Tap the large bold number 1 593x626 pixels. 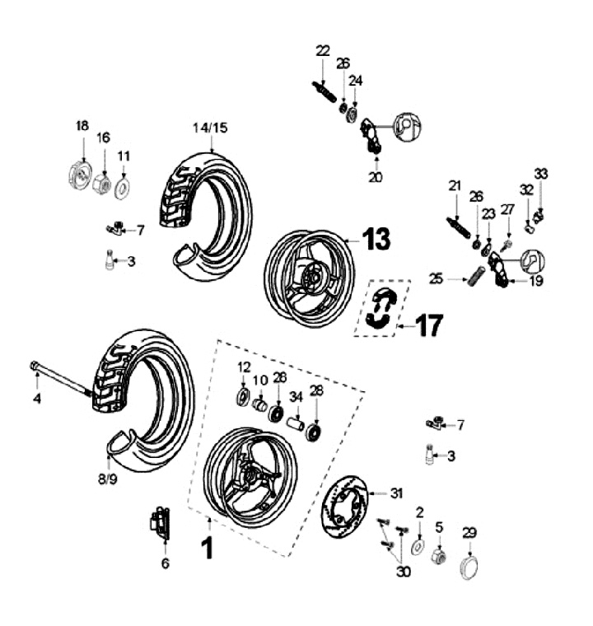pos(208,547)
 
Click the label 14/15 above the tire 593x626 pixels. pos(212,128)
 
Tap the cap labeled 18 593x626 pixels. pos(80,177)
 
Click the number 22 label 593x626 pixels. pos(322,50)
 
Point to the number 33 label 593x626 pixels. pos(540,174)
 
